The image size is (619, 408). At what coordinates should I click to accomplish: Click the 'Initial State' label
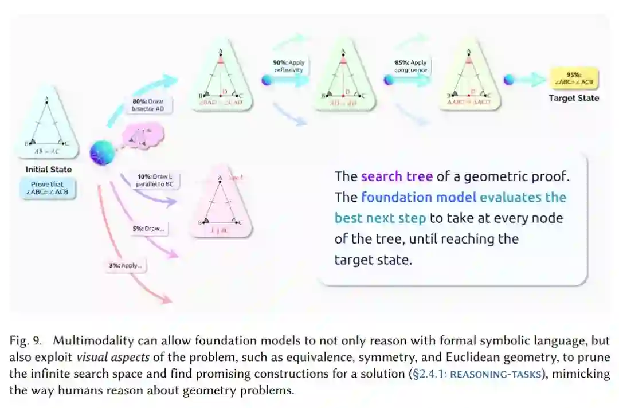point(49,170)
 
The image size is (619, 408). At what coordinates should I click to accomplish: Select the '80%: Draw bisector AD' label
point(148,105)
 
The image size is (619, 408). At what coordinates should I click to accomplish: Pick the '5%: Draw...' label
point(148,229)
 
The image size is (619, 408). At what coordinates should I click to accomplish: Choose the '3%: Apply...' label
point(126,265)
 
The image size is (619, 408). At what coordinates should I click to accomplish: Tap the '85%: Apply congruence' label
point(410,66)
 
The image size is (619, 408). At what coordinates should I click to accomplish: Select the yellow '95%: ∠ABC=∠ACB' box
point(574,79)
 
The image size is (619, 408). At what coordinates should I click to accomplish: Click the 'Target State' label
point(574,98)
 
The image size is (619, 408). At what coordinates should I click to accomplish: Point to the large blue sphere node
point(102,152)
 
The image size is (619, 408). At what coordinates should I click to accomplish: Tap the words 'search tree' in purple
point(397,176)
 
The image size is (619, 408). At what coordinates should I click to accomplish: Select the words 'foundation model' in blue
point(418,197)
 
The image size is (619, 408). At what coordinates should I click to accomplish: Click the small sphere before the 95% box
point(508,80)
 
